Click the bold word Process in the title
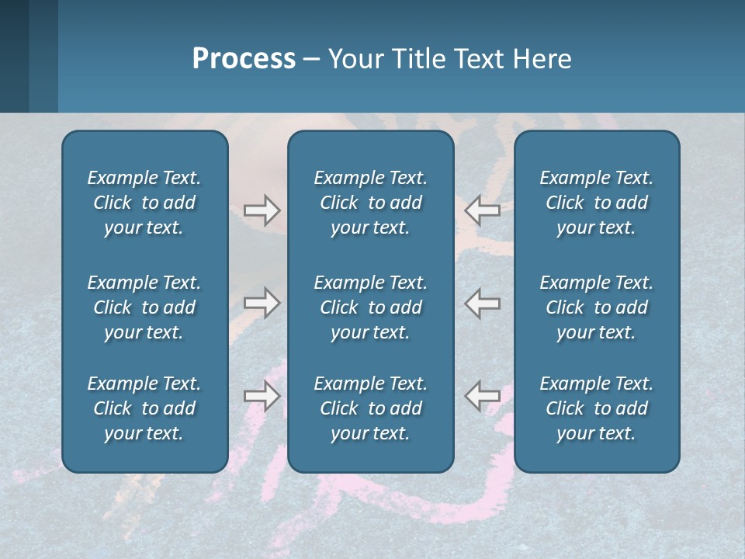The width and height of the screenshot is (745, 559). click(244, 59)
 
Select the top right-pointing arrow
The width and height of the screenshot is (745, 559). click(262, 210)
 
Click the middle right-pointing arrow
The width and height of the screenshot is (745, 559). click(262, 303)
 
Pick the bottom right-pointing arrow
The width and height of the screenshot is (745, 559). click(262, 396)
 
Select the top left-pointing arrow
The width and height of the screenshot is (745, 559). click(482, 210)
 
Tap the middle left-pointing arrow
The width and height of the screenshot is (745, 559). click(482, 303)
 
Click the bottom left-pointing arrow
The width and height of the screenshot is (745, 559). click(482, 396)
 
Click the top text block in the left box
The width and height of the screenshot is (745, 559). click(144, 203)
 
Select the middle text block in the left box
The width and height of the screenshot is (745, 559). click(144, 307)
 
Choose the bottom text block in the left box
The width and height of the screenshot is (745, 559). click(144, 408)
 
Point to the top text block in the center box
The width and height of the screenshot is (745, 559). click(370, 203)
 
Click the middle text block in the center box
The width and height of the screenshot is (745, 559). click(370, 307)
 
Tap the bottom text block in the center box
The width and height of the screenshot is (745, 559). click(370, 408)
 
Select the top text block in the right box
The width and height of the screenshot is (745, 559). click(596, 203)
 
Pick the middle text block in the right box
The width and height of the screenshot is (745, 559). click(596, 307)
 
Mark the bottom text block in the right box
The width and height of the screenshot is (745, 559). click(596, 408)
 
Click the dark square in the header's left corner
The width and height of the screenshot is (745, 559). click(14, 56)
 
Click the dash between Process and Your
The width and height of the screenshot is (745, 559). click(311, 60)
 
